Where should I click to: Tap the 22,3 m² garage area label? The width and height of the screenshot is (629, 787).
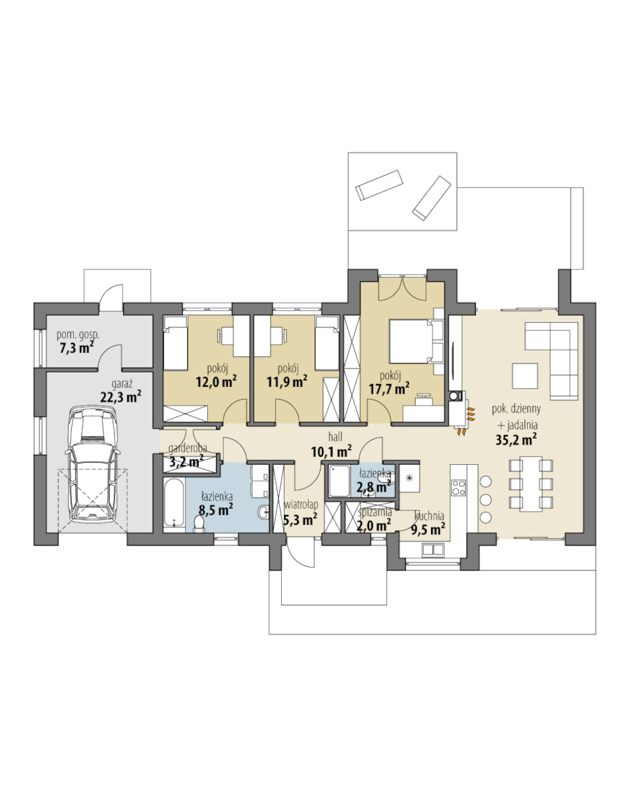[x=121, y=397]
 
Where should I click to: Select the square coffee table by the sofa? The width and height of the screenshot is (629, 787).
[x=524, y=376]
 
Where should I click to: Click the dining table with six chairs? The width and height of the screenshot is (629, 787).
[x=530, y=484]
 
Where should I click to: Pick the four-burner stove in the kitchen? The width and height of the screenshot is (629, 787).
[x=459, y=488]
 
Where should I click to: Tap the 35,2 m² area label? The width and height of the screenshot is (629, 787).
[x=516, y=440]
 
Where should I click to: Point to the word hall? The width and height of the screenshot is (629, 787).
[x=335, y=436]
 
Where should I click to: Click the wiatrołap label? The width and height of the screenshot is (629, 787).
[x=301, y=504]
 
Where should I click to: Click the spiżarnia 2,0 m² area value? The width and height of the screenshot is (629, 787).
[x=374, y=526]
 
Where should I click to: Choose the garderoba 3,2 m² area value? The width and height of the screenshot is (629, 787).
[x=186, y=461]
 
